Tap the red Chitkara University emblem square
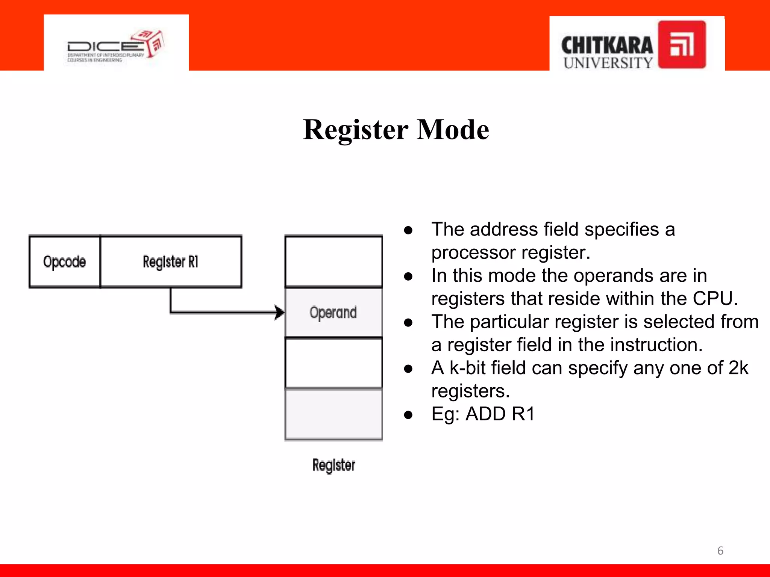(682, 45)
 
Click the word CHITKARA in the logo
(607, 45)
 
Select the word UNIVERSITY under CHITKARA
(608, 63)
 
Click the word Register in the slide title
(355, 130)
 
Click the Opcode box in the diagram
(65, 262)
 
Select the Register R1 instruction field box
(171, 262)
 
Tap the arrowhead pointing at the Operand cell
(279, 312)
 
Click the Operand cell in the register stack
(333, 313)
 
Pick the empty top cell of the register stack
(333, 261)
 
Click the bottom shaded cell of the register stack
(333, 414)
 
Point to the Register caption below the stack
(333, 465)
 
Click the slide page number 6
(720, 551)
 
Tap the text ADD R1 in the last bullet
(500, 414)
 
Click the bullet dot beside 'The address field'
(408, 230)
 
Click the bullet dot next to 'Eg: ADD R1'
(408, 415)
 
